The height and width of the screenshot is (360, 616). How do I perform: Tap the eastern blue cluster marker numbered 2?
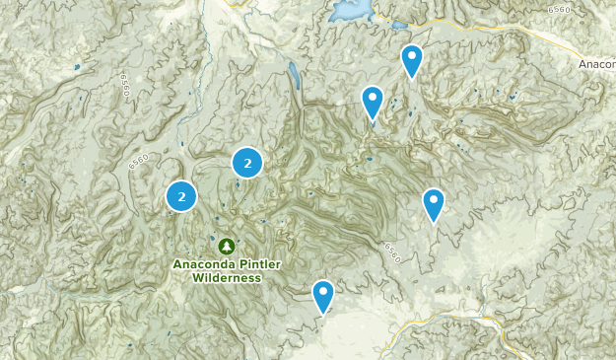(x=247, y=163)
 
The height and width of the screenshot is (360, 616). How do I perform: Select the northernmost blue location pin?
(x=412, y=61)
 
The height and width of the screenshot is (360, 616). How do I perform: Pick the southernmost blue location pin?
(x=323, y=296)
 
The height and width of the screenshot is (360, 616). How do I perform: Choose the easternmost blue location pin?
(x=434, y=204)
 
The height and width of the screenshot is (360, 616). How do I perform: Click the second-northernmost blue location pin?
(x=372, y=102)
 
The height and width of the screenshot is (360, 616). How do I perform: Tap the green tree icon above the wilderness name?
(x=227, y=246)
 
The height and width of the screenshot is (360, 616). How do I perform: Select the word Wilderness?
(x=227, y=278)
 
